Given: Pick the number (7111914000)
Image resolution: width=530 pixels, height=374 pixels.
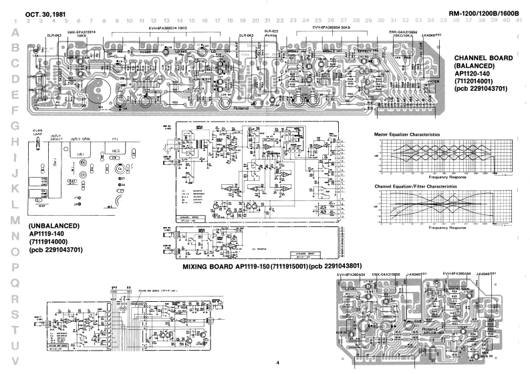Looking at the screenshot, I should coord(50,242).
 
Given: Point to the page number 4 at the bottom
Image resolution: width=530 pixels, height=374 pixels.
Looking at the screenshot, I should coord(276,363).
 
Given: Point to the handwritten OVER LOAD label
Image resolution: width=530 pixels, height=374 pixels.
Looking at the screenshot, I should coord(37,133).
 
